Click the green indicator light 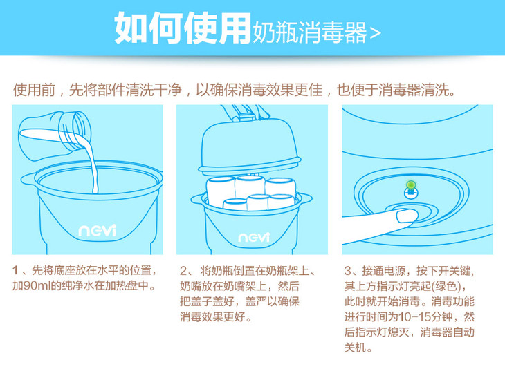click(x=411, y=185)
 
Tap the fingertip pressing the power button click(x=407, y=216)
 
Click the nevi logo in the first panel click(x=97, y=230)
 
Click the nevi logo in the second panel click(x=253, y=237)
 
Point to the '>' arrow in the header click(x=375, y=32)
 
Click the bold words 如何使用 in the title click(x=183, y=28)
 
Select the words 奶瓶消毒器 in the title click(x=309, y=32)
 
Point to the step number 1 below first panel click(x=15, y=271)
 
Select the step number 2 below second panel click(x=183, y=271)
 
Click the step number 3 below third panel click(x=348, y=271)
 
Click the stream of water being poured click(x=91, y=164)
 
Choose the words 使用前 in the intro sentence click(x=34, y=90)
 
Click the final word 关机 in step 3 click(x=356, y=348)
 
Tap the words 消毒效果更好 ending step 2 click(x=212, y=317)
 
